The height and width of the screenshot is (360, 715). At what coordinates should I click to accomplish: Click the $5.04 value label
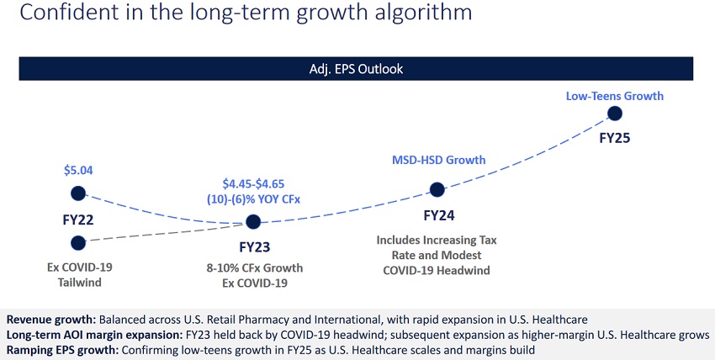point(78,170)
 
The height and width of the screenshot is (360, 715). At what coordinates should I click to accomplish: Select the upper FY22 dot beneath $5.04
point(78,193)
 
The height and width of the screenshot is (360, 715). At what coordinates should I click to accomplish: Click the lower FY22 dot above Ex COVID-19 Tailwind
point(78,243)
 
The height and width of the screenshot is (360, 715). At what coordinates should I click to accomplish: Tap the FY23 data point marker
point(252,222)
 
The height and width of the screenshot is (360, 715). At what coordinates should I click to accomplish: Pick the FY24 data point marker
point(437,190)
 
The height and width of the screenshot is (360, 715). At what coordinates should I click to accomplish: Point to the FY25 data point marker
point(615,114)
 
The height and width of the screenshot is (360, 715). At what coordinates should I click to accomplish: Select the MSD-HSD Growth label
point(438,160)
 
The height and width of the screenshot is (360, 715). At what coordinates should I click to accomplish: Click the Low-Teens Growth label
point(615,96)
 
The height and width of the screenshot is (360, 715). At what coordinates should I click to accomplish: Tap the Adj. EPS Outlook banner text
point(357,68)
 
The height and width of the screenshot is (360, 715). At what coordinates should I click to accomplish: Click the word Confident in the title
point(56,13)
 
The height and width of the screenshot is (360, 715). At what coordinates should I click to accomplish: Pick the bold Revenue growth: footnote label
point(50,320)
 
